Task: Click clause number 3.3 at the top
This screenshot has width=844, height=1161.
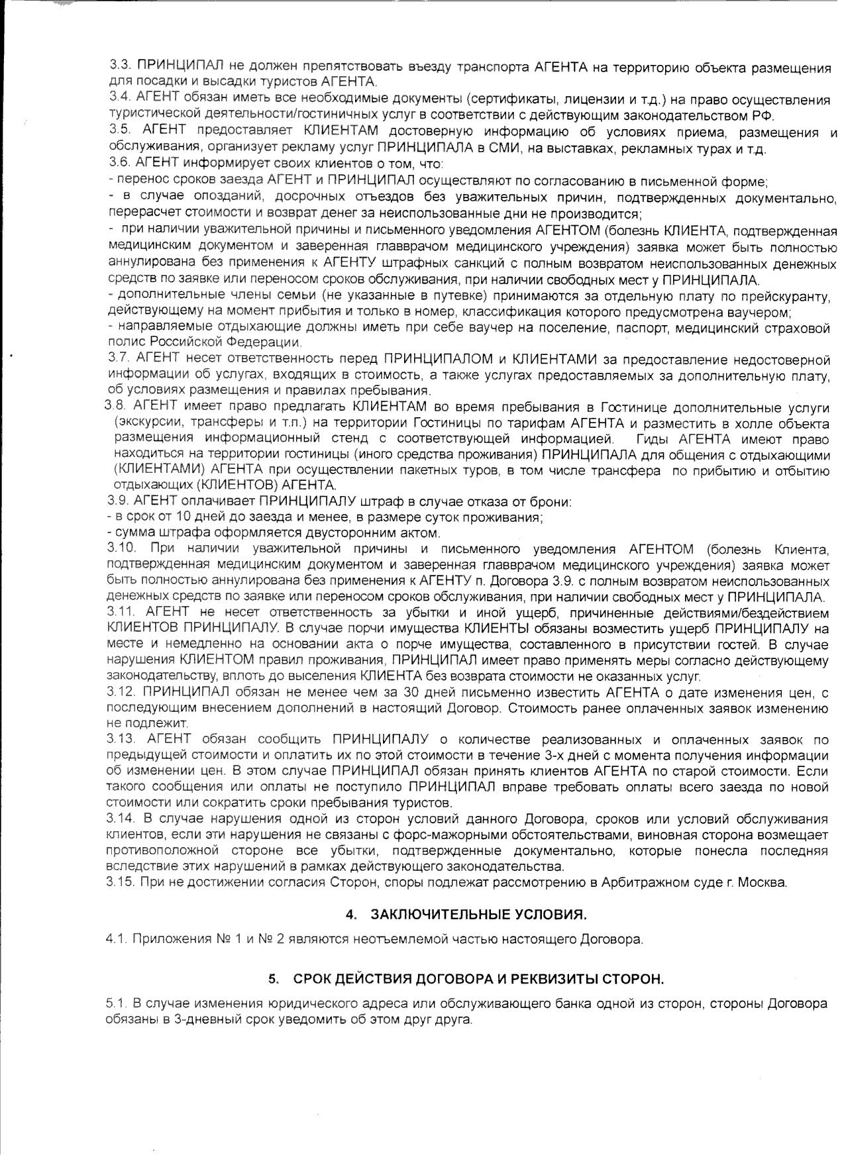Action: coord(119,68)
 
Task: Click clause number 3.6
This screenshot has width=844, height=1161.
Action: coord(119,163)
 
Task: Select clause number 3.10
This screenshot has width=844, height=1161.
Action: coord(121,549)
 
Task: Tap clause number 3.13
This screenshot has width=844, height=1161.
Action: coord(121,739)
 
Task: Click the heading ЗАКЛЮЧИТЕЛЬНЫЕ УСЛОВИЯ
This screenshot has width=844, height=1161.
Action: coord(478,915)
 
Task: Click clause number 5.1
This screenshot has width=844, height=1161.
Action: coord(116,1004)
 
